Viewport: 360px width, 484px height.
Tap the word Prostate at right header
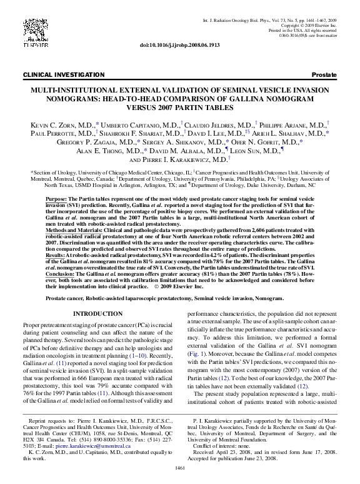click(x=324, y=74)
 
